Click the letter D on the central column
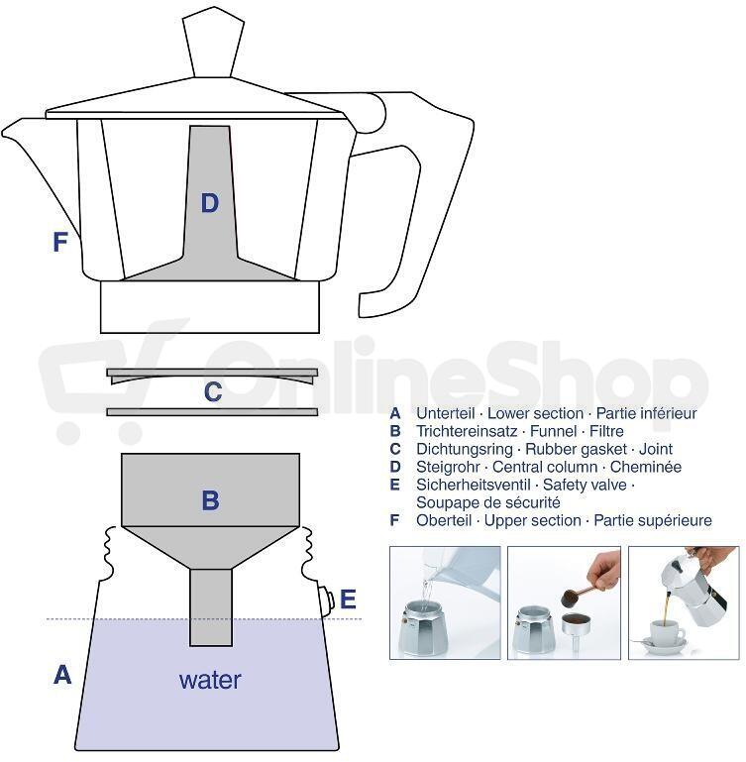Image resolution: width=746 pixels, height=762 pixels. click(x=209, y=203)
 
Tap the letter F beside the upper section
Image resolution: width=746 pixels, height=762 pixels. click(x=59, y=242)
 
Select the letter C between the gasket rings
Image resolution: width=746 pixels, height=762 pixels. click(x=213, y=391)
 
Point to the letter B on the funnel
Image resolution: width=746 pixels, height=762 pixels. click(x=210, y=500)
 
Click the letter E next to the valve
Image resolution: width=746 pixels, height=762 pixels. click(x=348, y=599)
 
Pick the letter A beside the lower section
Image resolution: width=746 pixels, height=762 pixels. click(x=62, y=675)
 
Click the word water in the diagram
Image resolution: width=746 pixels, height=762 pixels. click(x=210, y=680)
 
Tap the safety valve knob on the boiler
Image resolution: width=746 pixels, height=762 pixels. click(x=327, y=599)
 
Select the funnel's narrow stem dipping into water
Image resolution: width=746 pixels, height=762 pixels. click(x=210, y=607)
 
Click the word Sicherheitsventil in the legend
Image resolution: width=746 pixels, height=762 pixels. click(x=473, y=485)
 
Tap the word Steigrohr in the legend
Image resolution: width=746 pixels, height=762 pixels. click(x=448, y=467)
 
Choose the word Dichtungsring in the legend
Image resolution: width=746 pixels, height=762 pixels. click(x=464, y=449)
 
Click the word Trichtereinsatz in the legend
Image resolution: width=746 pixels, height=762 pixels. click(x=467, y=431)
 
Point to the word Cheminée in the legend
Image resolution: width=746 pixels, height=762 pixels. click(x=645, y=467)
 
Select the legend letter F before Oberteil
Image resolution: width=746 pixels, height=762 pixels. click(x=394, y=520)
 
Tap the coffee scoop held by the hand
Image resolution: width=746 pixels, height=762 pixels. click(x=578, y=596)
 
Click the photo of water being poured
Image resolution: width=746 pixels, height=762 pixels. click(x=445, y=602)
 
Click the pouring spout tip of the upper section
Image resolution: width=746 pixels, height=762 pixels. click(x=4, y=131)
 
